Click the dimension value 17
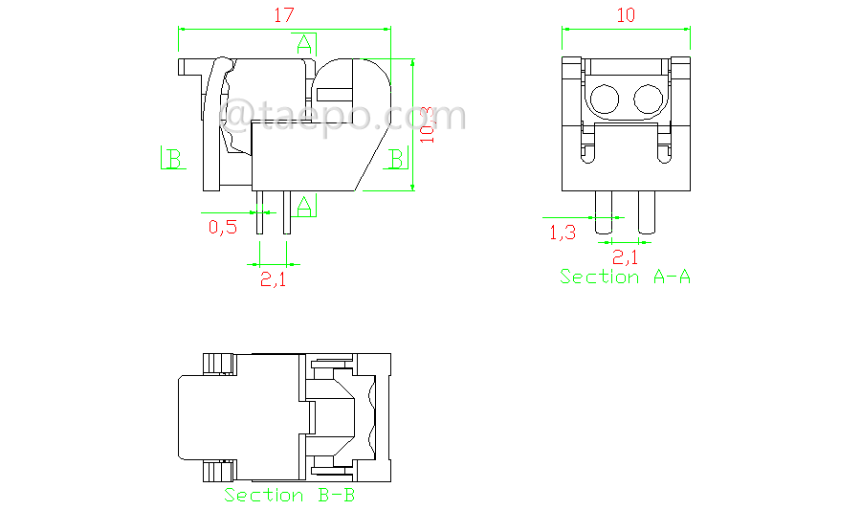[x=284, y=15]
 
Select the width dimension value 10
[x=627, y=15]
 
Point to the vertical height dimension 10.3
[x=427, y=125]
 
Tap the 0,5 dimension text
[x=223, y=228]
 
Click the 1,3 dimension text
[x=562, y=232]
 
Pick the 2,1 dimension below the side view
[x=274, y=279]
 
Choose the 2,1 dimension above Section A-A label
[x=625, y=255]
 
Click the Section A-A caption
[x=625, y=277]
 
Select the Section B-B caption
[x=290, y=495]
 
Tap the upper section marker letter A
[x=304, y=43]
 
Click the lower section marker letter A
[x=304, y=204]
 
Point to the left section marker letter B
[x=172, y=158]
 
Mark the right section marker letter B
[x=395, y=158]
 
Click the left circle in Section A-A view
[x=605, y=98]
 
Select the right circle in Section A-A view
[x=649, y=98]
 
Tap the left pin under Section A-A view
[x=604, y=211]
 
